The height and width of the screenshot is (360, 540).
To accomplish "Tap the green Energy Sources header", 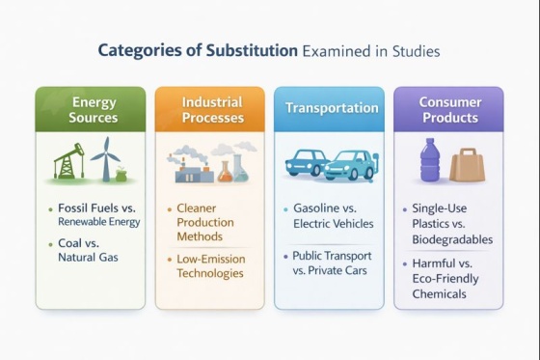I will pos(94,109).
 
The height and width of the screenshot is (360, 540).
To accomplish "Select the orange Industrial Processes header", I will pos(210,109).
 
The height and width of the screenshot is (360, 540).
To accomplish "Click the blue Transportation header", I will pos(331,109).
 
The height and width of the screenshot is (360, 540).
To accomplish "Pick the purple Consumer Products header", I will pos(448,109).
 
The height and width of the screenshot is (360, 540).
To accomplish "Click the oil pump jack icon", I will pos(67,160).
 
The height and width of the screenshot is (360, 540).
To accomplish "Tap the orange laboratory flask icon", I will pos(225,171).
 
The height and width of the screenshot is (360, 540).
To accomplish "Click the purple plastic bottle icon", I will pos(430,160).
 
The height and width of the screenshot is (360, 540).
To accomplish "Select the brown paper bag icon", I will pos(468,163).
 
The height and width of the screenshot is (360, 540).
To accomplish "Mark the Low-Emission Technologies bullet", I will pos(210,265).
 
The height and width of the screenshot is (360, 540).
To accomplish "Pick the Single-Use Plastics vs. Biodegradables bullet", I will pos(451,223).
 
